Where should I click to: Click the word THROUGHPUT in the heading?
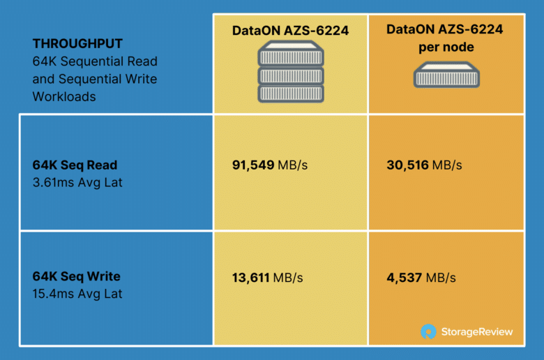[77, 44]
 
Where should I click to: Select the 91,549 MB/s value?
[270, 165]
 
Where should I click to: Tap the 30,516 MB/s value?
[424, 165]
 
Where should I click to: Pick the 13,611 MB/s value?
[268, 278]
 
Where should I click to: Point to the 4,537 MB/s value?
[421, 278]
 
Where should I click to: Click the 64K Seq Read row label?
[75, 165]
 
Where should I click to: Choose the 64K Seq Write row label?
[76, 276]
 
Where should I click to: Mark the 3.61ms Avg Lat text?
[77, 183]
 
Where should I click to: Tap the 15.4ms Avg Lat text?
[77, 294]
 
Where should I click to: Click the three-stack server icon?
[291, 72]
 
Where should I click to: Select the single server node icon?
[446, 75]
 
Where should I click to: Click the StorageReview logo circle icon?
[428, 331]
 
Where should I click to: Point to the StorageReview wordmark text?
[477, 332]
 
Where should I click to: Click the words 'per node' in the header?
[446, 47]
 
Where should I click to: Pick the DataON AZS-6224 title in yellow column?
[290, 31]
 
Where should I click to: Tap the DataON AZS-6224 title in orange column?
[445, 29]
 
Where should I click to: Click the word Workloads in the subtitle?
[64, 97]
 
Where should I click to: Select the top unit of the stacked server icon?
[291, 54]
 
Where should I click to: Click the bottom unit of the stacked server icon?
[291, 93]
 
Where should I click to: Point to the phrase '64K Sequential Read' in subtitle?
[95, 61]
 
